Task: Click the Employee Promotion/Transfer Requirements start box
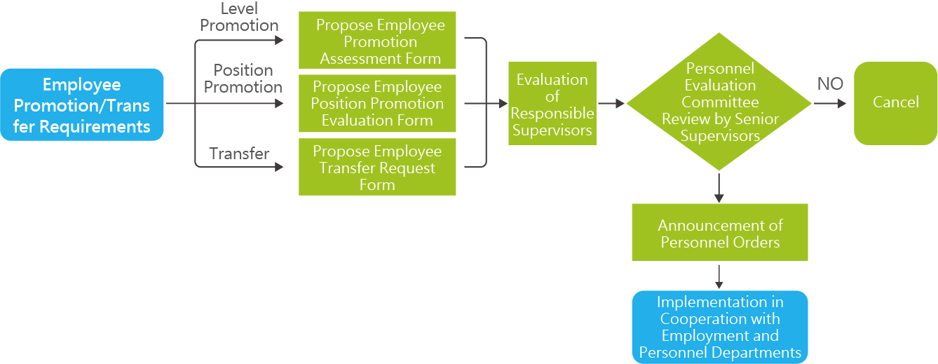(x=82, y=105)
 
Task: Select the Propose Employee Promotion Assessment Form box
(x=377, y=41)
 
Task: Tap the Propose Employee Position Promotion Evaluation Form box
(x=377, y=104)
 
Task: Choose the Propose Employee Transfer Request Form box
(x=377, y=167)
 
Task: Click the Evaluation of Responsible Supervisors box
(x=552, y=104)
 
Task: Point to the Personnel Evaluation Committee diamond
(x=719, y=102)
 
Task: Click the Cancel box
(x=895, y=102)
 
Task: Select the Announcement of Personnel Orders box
(x=719, y=233)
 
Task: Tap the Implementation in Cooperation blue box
(x=719, y=327)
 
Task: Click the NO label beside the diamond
(x=830, y=84)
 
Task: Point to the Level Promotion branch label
(x=239, y=18)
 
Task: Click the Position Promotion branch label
(x=243, y=79)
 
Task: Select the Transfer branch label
(x=239, y=153)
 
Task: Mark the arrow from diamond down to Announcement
(x=719, y=187)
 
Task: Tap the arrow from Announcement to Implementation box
(x=719, y=275)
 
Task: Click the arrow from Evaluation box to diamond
(x=611, y=104)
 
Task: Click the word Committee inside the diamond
(x=720, y=102)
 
